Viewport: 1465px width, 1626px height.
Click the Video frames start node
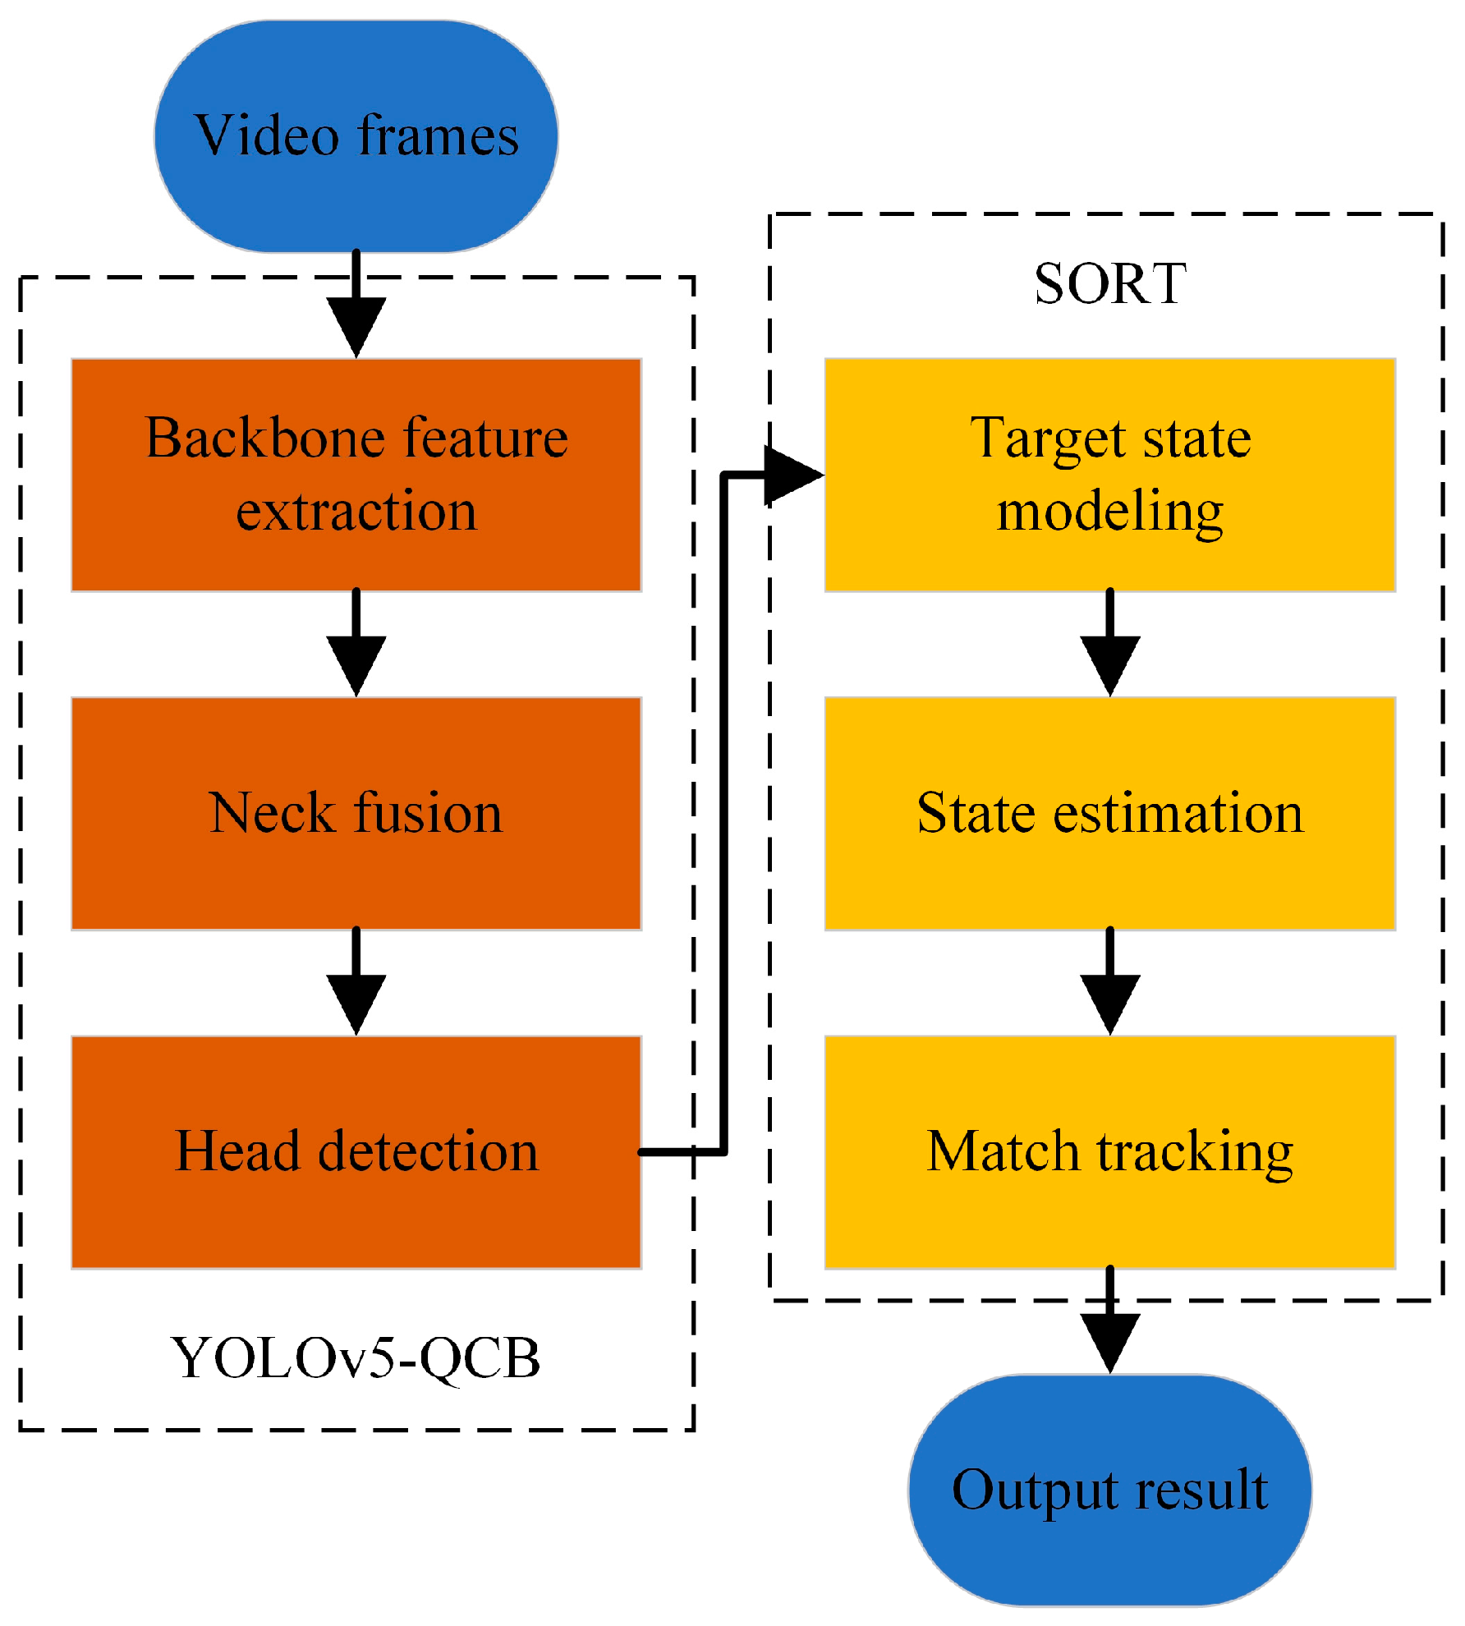tap(356, 136)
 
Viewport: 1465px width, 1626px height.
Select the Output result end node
tap(1109, 1491)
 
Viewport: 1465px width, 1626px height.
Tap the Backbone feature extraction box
tap(356, 475)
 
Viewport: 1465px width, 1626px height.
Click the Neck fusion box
tap(356, 813)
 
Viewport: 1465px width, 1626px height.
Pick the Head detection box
tap(356, 1152)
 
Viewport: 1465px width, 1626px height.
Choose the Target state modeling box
tap(1109, 475)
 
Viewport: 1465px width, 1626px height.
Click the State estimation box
tap(1109, 813)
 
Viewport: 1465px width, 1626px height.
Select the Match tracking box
tap(1109, 1152)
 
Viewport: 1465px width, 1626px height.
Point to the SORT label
tap(1109, 284)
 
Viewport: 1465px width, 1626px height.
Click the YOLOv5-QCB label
tap(356, 1359)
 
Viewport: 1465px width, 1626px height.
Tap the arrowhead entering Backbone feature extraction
tap(356, 326)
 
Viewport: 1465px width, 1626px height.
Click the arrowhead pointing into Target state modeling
tap(792, 475)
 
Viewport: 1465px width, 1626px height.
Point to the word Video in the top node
tap(266, 136)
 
